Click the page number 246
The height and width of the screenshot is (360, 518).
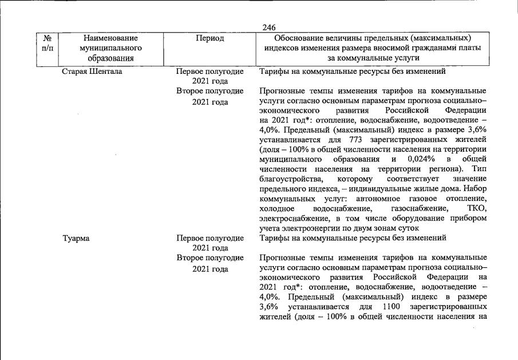pyautogui.click(x=268, y=27)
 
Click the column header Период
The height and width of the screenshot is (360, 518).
pyautogui.click(x=209, y=38)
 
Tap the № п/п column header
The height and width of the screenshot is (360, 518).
pyautogui.click(x=49, y=43)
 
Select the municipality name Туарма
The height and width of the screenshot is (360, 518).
pyautogui.click(x=76, y=238)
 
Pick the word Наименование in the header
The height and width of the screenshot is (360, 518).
pyautogui.click(x=111, y=38)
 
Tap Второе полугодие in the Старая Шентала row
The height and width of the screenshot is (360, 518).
pyautogui.click(x=210, y=91)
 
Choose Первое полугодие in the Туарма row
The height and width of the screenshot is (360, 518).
pyautogui.click(x=210, y=238)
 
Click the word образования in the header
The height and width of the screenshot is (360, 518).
pyautogui.click(x=111, y=58)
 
